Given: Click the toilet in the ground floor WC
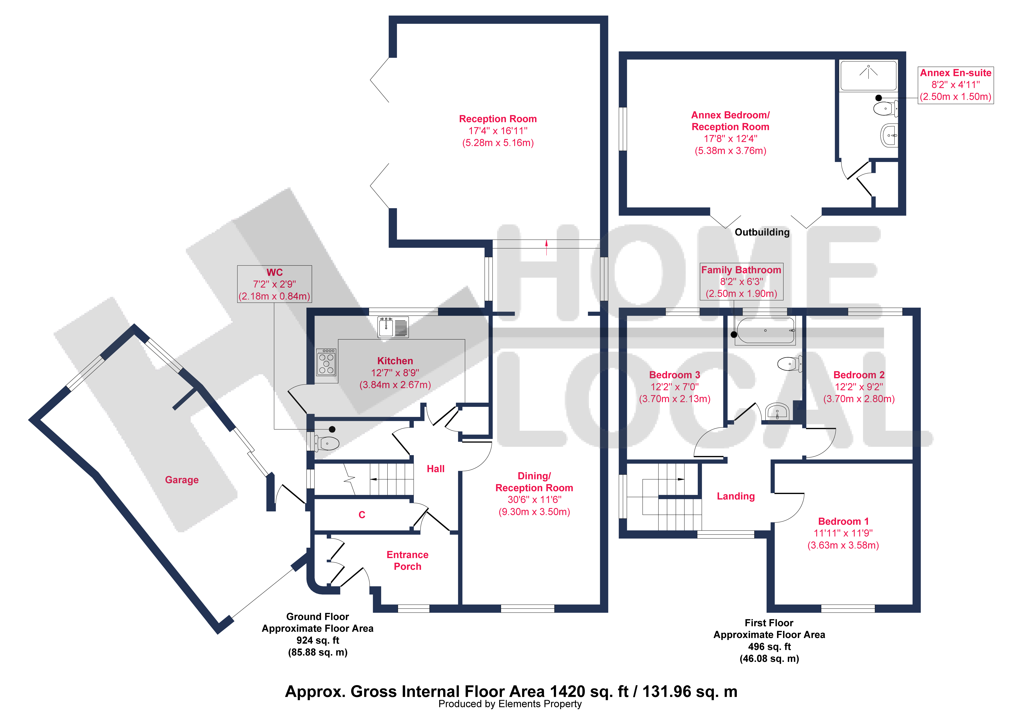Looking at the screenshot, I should point(327,444).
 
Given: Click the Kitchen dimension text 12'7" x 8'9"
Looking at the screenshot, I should point(395,373).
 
